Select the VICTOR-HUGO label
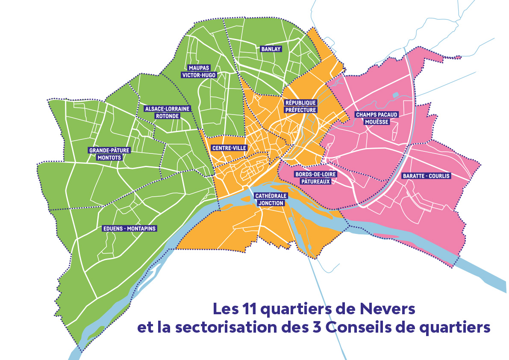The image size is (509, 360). click(198, 75)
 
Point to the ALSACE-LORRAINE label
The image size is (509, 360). click(162, 109)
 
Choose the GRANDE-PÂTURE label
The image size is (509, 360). click(109, 150)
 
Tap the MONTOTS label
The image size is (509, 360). click(109, 157)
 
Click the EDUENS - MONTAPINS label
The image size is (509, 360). click(130, 229)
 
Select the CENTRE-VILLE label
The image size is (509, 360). click(229, 148)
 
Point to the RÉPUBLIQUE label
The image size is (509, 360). click(300, 103)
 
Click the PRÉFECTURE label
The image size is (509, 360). click(300, 109)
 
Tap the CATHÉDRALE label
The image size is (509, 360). click(271, 196)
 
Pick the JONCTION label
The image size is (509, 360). click(271, 203)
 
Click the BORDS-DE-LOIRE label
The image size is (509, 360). click(316, 174)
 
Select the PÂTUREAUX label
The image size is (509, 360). click(316, 181)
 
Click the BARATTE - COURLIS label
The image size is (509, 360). click(426, 176)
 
